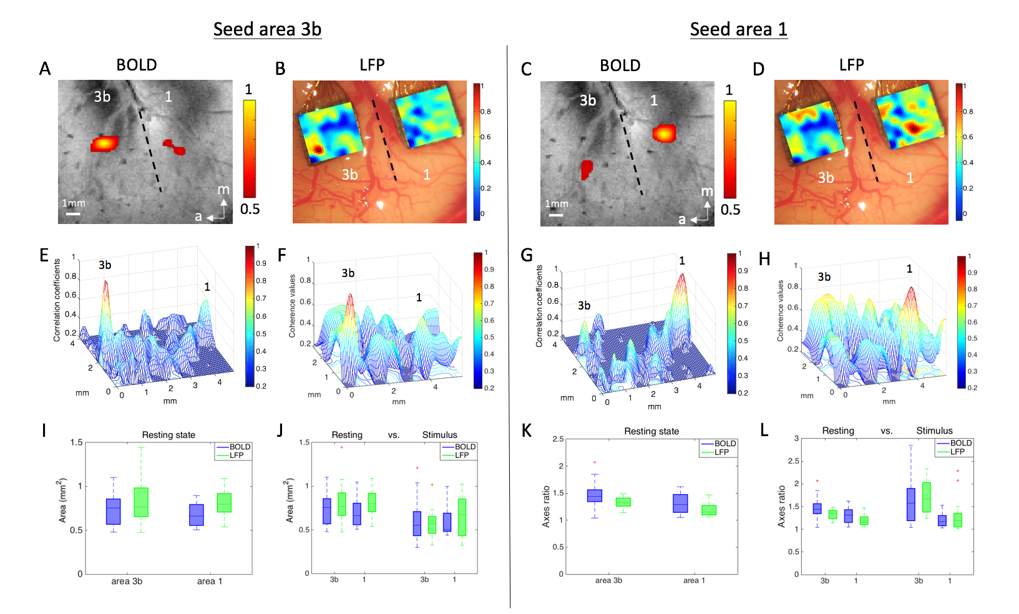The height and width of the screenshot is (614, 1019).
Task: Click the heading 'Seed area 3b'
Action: (x=267, y=29)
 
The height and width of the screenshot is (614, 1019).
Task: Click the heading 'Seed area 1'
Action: (x=738, y=29)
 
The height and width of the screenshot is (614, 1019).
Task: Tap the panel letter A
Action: (x=45, y=69)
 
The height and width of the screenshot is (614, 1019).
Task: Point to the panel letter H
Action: (x=764, y=259)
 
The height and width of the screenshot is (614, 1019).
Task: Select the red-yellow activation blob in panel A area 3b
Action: (x=104, y=144)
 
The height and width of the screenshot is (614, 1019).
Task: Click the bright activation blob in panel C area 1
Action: (x=664, y=133)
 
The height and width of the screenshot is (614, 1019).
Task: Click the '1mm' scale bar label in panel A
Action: (x=74, y=203)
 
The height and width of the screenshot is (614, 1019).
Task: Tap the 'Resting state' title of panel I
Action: (x=168, y=435)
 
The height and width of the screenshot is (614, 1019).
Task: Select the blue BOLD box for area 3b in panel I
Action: (x=113, y=511)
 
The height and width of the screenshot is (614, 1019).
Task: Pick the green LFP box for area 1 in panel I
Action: (x=224, y=502)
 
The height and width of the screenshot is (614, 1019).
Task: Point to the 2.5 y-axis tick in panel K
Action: (x=558, y=439)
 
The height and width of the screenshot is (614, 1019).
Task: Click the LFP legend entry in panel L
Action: (x=957, y=451)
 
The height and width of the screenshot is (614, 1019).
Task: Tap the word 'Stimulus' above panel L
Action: (x=934, y=431)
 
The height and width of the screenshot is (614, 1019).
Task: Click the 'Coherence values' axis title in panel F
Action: (x=292, y=306)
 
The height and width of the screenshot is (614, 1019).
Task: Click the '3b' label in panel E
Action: (x=105, y=265)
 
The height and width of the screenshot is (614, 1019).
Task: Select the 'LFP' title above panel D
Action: (x=851, y=65)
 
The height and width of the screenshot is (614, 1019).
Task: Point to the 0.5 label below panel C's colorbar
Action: (x=730, y=210)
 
